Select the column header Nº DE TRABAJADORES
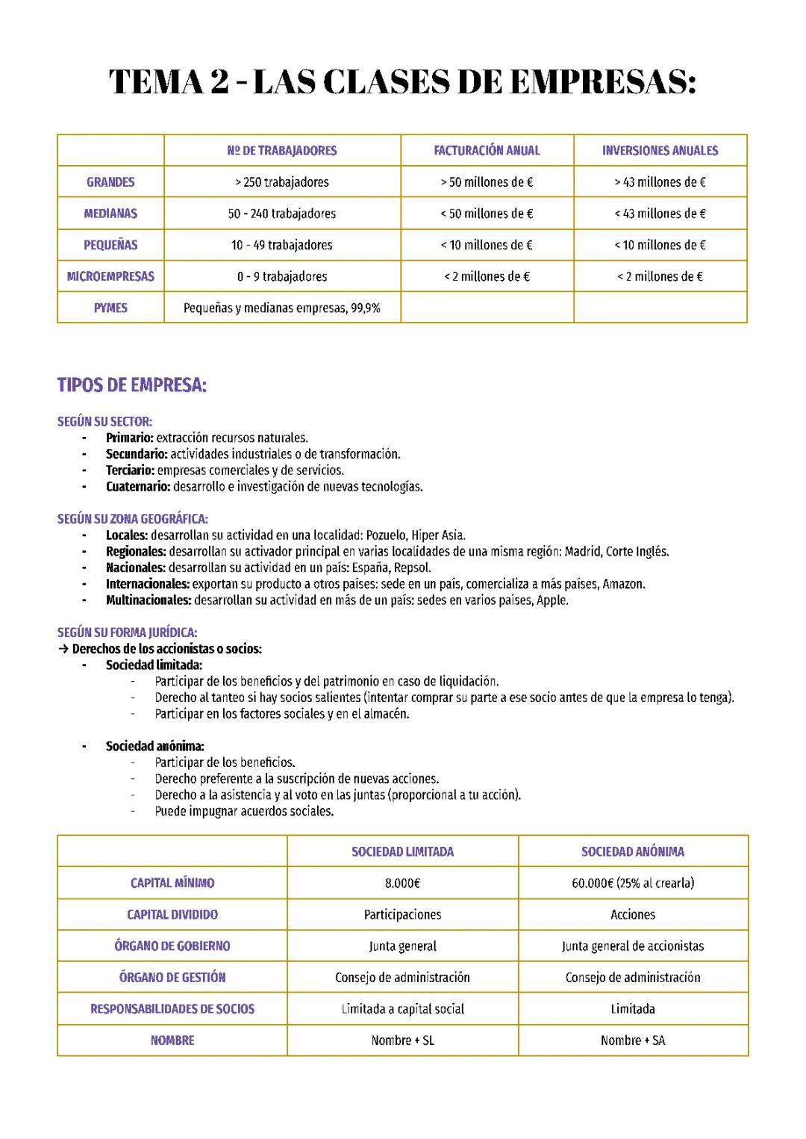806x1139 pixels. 282,151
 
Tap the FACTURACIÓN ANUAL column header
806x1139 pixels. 487,151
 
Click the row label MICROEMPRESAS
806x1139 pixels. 110,276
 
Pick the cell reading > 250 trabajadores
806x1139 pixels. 282,182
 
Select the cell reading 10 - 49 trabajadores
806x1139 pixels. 282,245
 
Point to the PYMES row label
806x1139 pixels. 110,308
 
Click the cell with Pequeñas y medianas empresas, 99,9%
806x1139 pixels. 282,308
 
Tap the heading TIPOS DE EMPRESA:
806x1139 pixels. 132,386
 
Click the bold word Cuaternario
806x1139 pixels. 138,487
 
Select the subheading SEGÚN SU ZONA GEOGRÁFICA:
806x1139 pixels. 133,519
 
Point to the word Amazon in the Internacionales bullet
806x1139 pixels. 623,584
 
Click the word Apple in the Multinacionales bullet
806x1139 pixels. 552,600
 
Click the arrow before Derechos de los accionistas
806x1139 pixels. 63,649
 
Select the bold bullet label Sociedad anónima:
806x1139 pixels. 154,746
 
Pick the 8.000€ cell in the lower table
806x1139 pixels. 402,884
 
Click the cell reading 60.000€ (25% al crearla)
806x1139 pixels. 633,884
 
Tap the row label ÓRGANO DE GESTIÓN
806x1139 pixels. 172,978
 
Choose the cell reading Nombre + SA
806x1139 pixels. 633,1040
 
